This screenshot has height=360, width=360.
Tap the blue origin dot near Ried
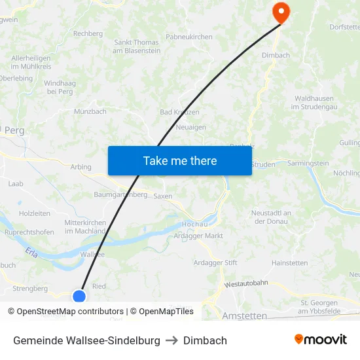pos(79,297)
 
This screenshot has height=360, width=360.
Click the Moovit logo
pos(320,340)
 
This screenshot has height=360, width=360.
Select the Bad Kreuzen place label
pos(180,112)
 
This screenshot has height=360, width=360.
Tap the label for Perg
pos(14,130)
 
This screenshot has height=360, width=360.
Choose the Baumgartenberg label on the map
pos(120,195)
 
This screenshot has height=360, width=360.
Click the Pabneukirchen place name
pos(189,37)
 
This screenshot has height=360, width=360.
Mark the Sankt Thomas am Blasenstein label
pos(137,46)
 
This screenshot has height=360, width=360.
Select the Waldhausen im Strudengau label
pos(315,102)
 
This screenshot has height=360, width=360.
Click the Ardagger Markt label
pos(200,236)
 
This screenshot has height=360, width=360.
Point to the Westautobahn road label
pos(246,283)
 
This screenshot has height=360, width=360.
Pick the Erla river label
pos(31,251)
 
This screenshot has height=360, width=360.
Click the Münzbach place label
pos(90,112)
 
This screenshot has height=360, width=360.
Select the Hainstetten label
pos(289,263)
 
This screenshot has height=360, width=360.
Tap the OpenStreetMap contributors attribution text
pos(70,312)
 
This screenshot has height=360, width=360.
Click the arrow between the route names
pos(171,340)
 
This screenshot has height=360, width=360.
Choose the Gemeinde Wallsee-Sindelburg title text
pos(86,340)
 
